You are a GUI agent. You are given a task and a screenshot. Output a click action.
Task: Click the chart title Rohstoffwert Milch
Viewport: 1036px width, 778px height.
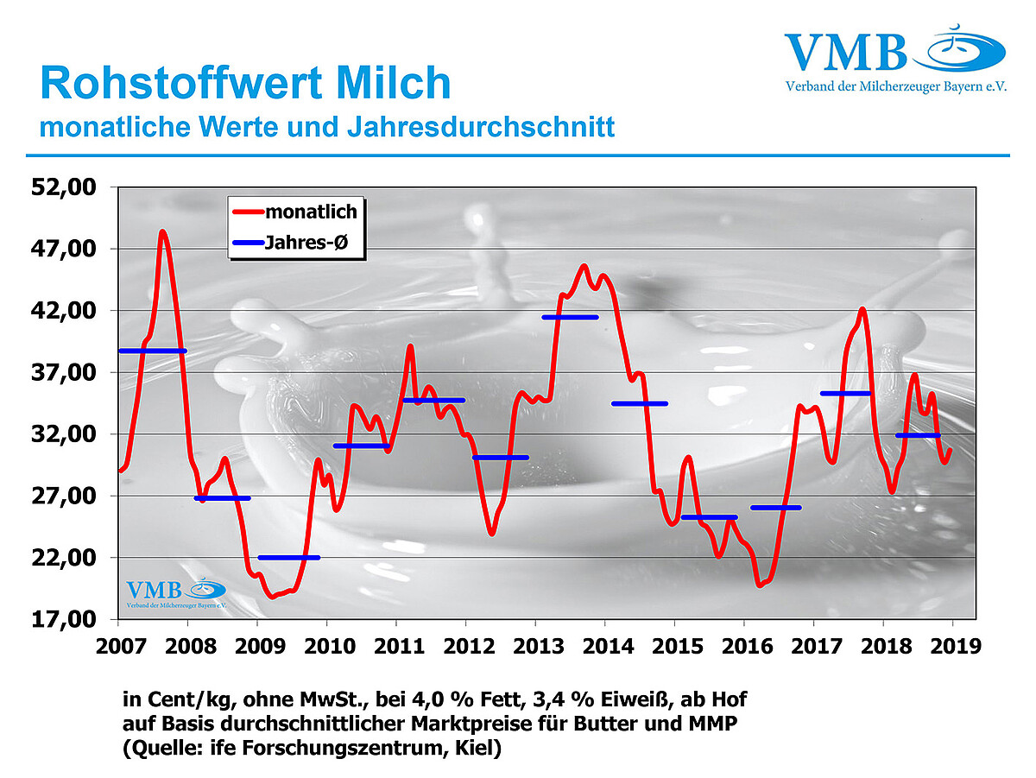[x=245, y=84]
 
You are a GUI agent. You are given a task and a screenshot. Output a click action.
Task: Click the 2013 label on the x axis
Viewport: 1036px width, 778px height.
[x=536, y=645]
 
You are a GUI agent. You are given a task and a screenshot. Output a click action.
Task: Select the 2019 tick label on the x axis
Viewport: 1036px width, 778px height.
[x=955, y=645]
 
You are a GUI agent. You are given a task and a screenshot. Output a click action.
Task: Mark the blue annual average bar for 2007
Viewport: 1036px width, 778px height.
[x=153, y=351]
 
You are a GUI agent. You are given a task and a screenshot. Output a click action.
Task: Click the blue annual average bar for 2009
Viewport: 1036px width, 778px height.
[x=289, y=557]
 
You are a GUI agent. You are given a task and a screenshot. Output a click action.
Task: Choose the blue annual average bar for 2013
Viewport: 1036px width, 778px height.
[x=570, y=317]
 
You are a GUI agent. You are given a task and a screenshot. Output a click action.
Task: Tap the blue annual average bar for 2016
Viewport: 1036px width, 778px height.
[x=776, y=507]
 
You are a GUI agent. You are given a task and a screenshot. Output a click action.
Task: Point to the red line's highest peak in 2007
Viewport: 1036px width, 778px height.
[x=162, y=231]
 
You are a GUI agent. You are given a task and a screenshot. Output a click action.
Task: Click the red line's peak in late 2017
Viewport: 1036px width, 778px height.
[x=862, y=309]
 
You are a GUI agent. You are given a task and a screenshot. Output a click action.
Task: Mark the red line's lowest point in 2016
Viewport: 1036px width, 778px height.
[x=760, y=585]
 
